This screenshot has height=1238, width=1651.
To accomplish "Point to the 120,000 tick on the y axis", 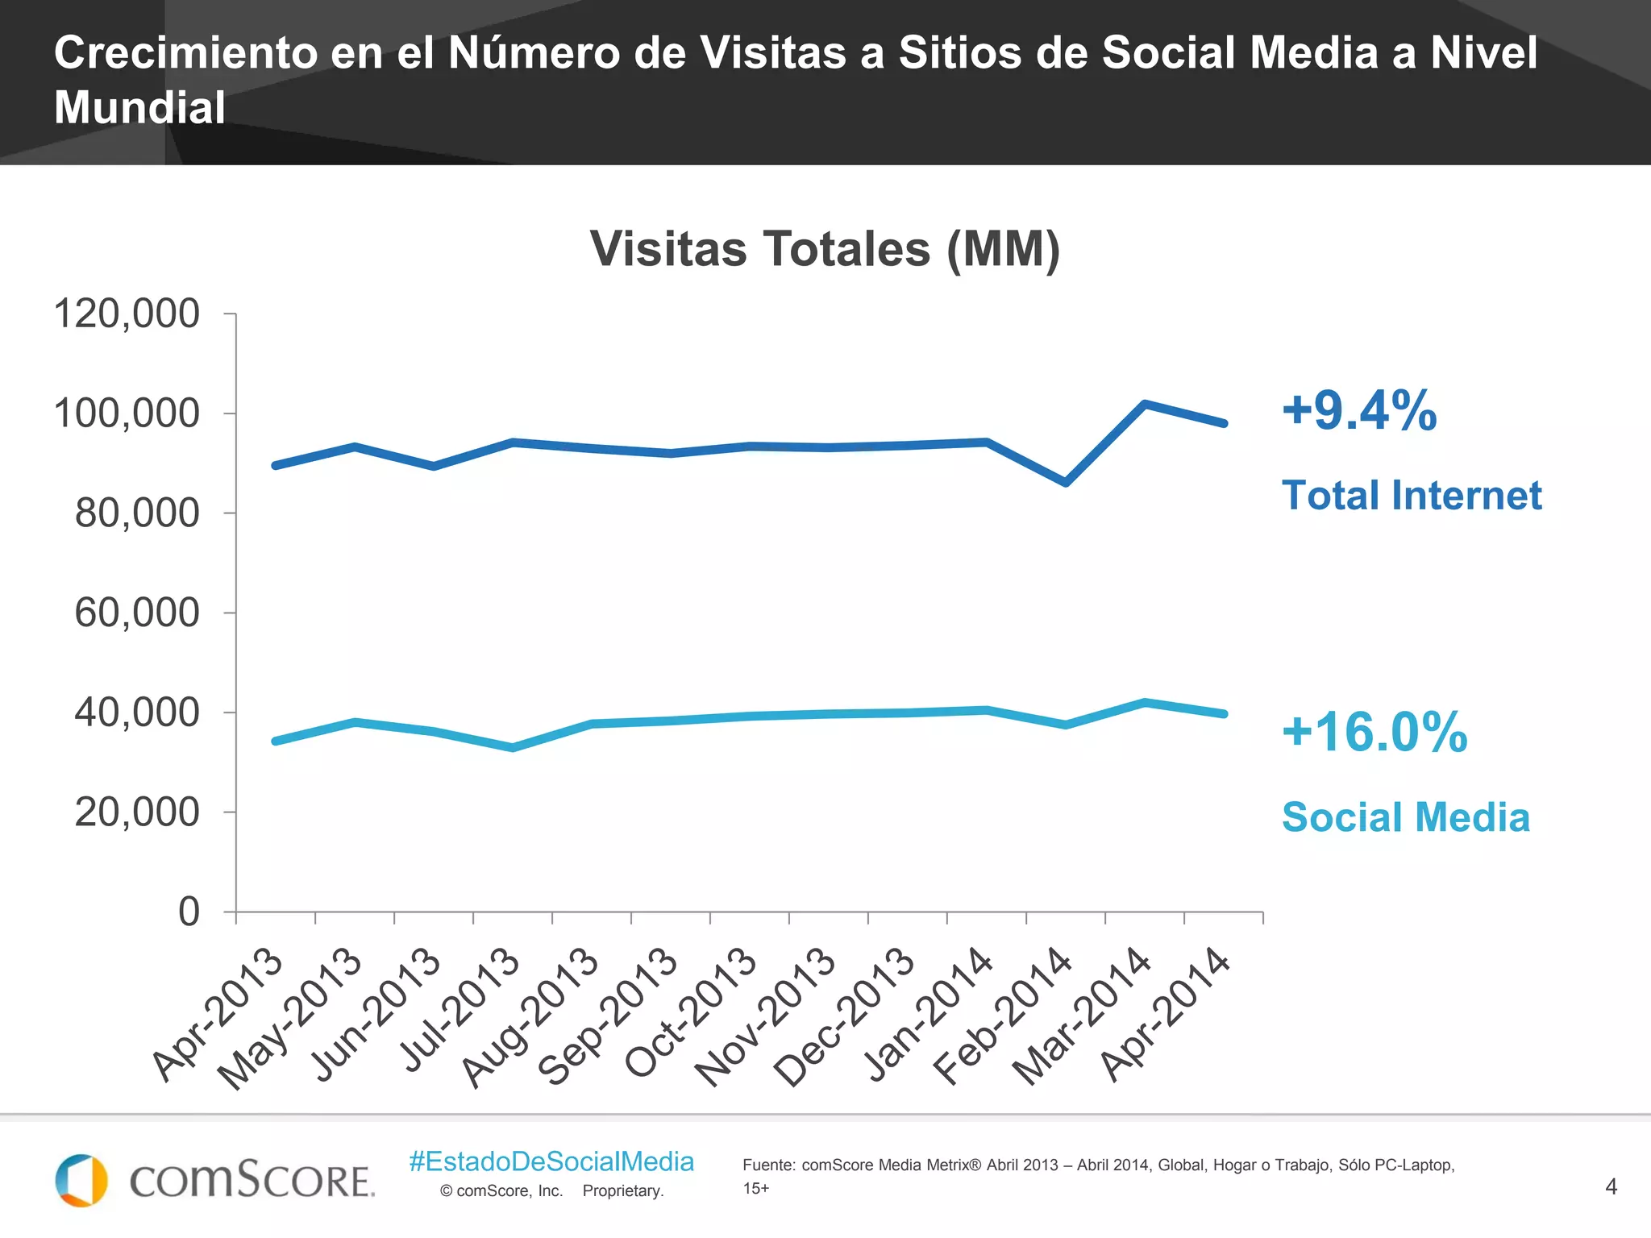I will [127, 314].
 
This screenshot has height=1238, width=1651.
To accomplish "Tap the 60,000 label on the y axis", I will [137, 613].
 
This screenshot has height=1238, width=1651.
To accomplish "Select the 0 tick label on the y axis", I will [189, 912].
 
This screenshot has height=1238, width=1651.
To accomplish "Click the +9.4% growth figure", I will [1359, 410].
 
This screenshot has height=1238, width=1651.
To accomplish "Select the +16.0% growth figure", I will [1374, 732].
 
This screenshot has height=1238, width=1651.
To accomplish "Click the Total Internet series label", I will [1412, 495].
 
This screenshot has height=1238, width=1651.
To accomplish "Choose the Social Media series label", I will [1406, 817].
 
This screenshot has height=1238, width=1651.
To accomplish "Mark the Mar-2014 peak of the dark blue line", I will [1145, 404].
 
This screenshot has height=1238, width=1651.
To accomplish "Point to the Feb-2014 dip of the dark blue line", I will [1066, 483].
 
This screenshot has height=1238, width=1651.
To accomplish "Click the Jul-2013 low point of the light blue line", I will [513, 748].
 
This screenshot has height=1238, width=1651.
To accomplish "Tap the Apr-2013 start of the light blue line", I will [276, 741].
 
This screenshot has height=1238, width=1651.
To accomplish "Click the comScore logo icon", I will [81, 1180].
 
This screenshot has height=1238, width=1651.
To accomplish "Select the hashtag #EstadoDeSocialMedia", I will [551, 1161].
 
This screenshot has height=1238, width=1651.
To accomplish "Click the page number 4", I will [1611, 1186].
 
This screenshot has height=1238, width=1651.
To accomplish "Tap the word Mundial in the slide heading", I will [139, 108].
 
